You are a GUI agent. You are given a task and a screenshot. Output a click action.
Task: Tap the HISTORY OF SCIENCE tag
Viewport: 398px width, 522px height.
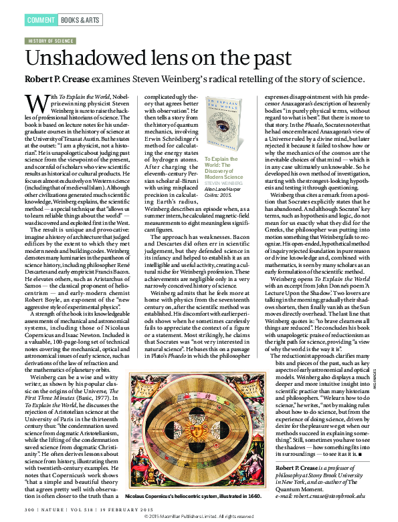(x=49, y=41)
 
